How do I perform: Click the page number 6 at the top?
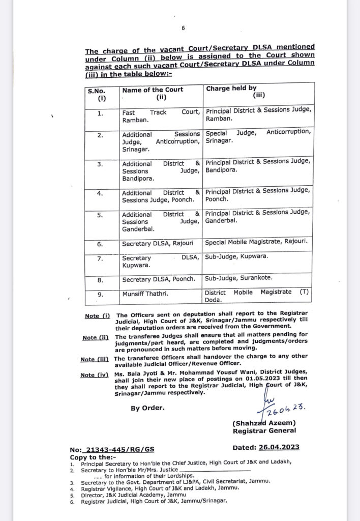point(183,28)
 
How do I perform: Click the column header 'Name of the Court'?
point(153,90)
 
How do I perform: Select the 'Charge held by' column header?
point(231,89)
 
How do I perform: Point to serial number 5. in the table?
point(100,215)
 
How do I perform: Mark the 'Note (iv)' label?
point(95,375)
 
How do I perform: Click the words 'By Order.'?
point(147,408)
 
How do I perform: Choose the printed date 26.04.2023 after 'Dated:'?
point(280,447)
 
